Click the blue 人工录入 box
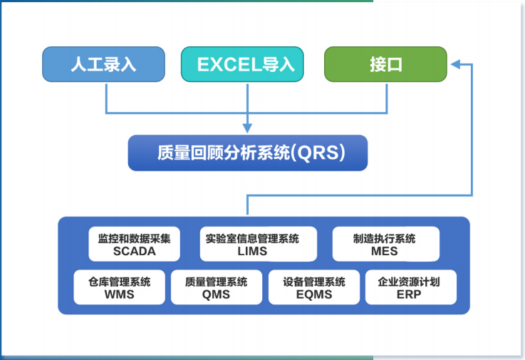(x=103, y=64)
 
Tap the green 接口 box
(x=385, y=64)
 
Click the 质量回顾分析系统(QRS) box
(x=247, y=153)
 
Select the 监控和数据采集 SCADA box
(x=135, y=245)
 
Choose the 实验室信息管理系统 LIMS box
(x=252, y=245)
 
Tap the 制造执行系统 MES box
(x=385, y=245)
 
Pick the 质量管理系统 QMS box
(x=216, y=287)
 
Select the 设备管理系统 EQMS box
(x=313, y=287)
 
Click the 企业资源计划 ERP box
(x=410, y=287)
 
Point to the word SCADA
(x=135, y=251)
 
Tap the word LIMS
(x=252, y=251)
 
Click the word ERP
(x=410, y=294)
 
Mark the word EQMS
(x=313, y=294)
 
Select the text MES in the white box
(x=385, y=251)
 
